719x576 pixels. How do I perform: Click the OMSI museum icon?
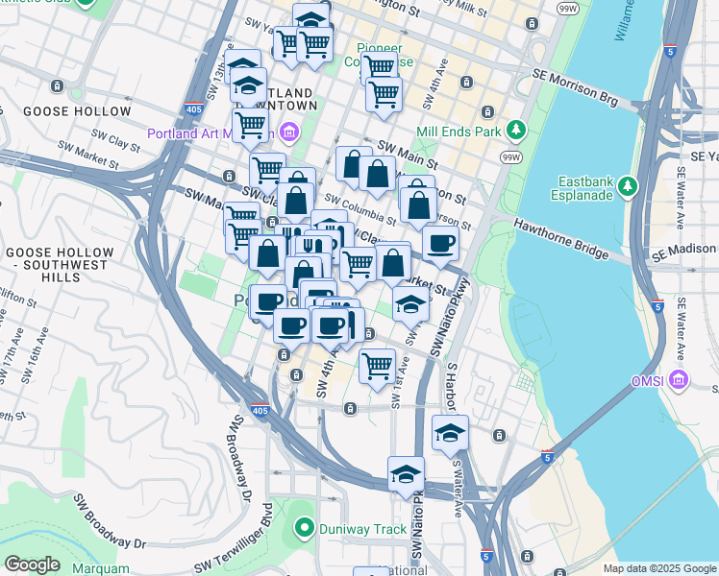(681, 381)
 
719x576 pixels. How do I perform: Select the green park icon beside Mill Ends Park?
(516, 129)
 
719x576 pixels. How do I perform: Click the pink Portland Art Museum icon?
(289, 132)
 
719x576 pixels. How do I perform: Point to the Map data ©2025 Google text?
(658, 568)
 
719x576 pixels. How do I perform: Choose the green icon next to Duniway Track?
(305, 527)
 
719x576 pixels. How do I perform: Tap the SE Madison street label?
(685, 254)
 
